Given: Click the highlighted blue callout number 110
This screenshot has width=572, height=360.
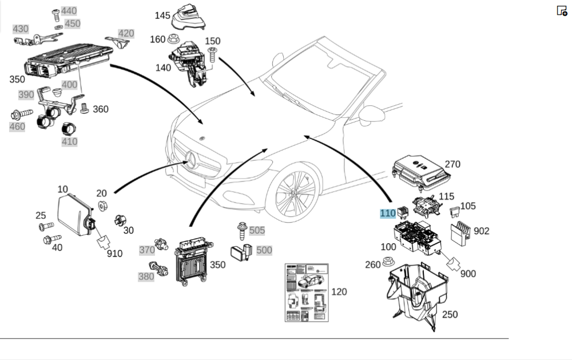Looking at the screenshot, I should [x=388, y=213].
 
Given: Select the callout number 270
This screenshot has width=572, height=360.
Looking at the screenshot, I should [x=452, y=164].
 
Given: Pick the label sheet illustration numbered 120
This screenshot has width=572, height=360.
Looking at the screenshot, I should [x=307, y=292].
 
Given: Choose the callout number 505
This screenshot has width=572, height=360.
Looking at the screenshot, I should [x=257, y=230].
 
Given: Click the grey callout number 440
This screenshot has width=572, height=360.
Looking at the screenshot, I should [x=69, y=11].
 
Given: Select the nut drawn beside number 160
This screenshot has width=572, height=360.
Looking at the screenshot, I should [x=172, y=39].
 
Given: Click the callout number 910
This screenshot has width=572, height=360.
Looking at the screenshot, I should [x=114, y=253].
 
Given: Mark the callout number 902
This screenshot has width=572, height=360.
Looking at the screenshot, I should [x=482, y=231].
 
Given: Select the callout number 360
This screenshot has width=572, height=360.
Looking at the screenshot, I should [x=100, y=109].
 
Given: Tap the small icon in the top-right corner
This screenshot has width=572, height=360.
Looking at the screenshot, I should [x=562, y=10].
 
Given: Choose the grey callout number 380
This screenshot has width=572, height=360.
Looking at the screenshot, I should [x=146, y=276].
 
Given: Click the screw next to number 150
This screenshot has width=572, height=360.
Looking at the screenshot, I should [x=212, y=55].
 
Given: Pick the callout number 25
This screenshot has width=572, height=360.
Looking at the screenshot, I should [x=41, y=215].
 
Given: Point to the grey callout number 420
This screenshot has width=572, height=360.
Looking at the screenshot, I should [x=126, y=33].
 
